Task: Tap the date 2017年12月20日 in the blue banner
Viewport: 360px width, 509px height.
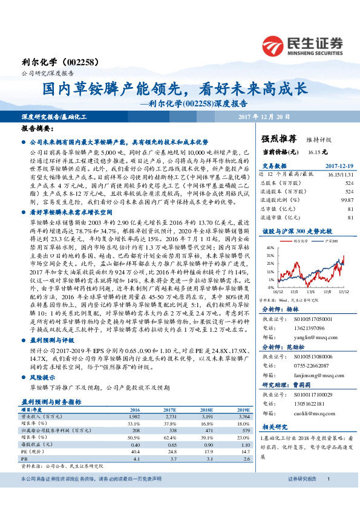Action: click(264, 115)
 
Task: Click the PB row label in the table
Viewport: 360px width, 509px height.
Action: click(25, 458)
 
